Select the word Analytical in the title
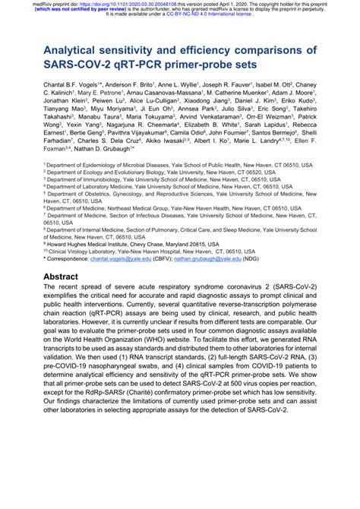pyautogui.click(x=81, y=51)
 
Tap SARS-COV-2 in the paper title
pyautogui.click(x=84, y=65)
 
